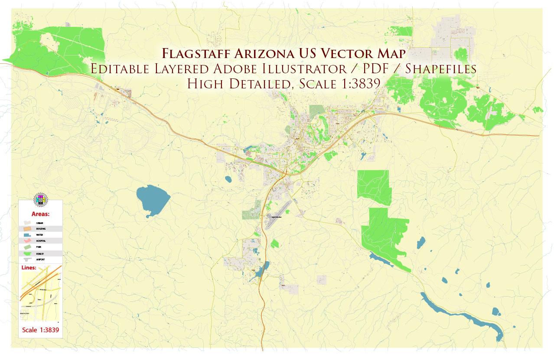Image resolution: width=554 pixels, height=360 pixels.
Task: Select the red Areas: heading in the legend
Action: coord(40,214)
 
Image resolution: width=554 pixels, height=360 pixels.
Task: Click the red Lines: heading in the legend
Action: coord(29,267)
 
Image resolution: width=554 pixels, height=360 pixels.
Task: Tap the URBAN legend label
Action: coord(40,223)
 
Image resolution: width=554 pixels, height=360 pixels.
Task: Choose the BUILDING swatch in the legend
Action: coord(28,228)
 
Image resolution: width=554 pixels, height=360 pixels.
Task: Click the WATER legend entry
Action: coord(40,234)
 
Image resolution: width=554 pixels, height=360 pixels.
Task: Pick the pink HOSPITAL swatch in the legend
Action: coord(28,240)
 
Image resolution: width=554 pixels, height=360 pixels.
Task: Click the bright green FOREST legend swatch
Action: coord(28,253)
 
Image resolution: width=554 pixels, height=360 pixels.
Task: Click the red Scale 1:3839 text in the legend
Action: coord(40,330)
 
